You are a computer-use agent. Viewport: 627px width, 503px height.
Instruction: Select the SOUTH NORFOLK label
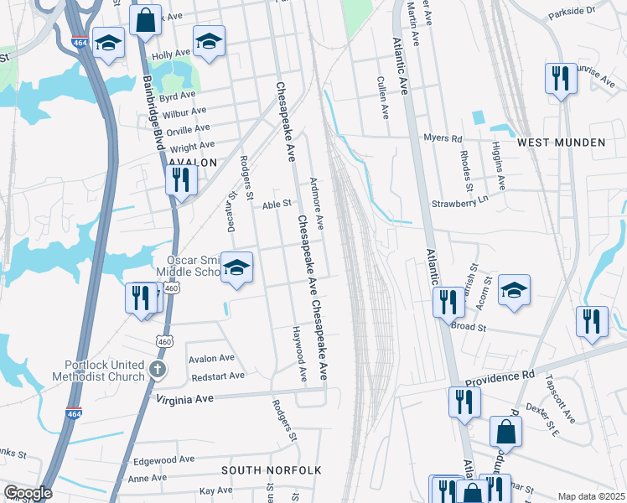tap(271, 470)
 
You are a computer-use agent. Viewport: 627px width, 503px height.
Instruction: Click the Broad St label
tap(469, 326)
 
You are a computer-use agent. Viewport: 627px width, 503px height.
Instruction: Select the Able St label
tap(276, 203)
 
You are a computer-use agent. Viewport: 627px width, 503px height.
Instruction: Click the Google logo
tap(27, 493)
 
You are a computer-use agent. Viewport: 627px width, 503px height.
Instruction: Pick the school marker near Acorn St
tap(514, 290)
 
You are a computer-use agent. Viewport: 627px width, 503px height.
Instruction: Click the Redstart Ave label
tap(217, 376)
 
